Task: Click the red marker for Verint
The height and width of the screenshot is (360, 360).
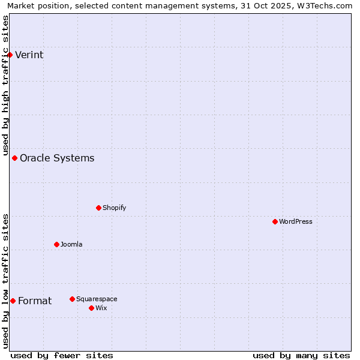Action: [10, 55]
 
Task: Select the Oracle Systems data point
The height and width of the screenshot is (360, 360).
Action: [14, 158]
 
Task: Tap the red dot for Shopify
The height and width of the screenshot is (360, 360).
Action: [98, 208]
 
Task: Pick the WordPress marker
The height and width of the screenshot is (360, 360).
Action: [275, 221]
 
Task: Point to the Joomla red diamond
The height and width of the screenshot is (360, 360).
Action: [56, 244]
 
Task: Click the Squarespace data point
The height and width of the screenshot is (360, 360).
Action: [72, 299]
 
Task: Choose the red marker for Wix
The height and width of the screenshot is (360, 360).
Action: [91, 308]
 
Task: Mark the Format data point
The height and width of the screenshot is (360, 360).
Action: [13, 301]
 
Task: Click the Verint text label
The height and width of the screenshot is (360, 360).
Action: [29, 55]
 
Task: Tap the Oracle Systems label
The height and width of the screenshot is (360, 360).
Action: [57, 158]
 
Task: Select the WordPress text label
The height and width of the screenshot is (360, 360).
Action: [295, 221]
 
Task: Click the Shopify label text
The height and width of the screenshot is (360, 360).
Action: [114, 208]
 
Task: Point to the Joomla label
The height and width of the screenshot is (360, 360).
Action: [71, 244]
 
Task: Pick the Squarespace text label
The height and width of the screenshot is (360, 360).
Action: [97, 299]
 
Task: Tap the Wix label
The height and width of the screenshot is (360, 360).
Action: [101, 308]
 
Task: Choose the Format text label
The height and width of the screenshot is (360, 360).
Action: [35, 301]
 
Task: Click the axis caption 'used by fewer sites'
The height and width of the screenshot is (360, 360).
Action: [62, 355]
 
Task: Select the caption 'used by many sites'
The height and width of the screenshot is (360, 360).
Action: [301, 355]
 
